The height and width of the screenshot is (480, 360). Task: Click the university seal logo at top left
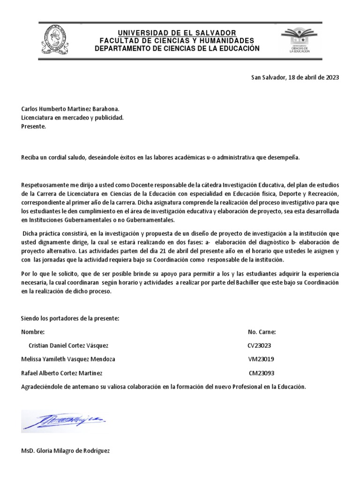(54, 40)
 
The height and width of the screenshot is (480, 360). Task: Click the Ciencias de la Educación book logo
(295, 40)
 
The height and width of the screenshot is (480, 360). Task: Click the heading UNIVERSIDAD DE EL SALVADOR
(177, 32)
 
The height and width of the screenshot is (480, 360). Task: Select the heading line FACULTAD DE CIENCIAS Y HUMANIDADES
(177, 40)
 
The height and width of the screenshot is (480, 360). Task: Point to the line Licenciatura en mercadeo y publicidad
(73, 118)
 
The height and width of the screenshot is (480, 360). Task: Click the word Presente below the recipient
(34, 126)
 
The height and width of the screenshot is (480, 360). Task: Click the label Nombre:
(33, 332)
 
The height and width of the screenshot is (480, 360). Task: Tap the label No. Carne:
(262, 332)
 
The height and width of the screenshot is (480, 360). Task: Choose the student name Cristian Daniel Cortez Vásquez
(68, 345)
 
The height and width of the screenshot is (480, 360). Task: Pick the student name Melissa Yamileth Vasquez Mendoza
(68, 359)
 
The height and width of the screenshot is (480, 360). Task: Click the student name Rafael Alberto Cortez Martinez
(61, 373)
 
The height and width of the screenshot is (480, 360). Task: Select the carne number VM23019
(262, 359)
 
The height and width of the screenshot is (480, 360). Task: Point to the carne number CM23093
(262, 373)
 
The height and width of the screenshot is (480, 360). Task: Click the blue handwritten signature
(64, 420)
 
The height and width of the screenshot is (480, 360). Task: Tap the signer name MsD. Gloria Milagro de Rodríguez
(66, 451)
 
